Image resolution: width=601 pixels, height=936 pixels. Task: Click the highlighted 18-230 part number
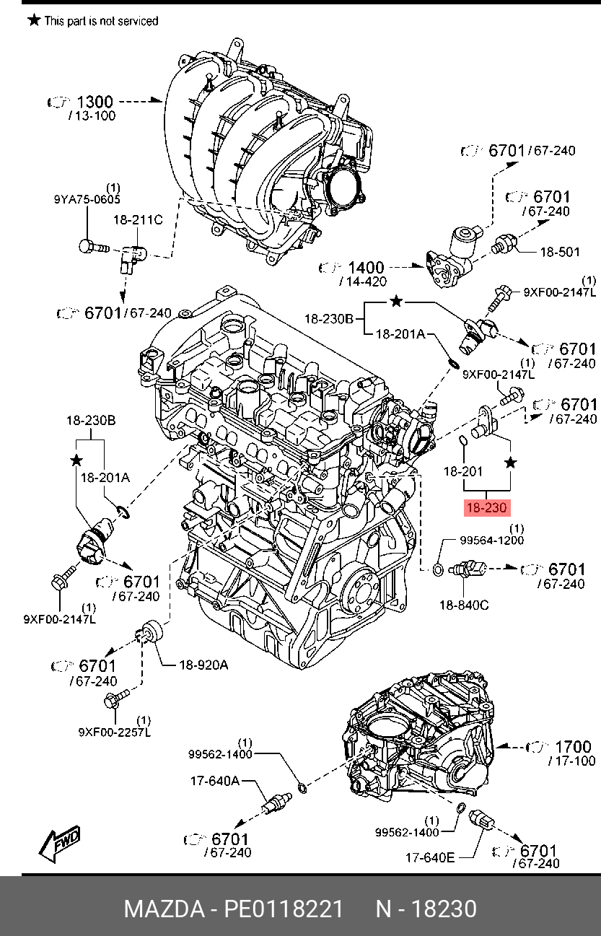point(487,508)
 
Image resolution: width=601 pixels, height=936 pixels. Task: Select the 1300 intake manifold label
point(95,102)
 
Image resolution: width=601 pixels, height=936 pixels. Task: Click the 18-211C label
point(139,219)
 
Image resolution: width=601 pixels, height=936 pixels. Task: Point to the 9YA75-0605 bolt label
point(87,199)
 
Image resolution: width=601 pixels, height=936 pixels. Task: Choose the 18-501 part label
point(560,252)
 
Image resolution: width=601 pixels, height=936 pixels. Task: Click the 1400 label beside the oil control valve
point(366,268)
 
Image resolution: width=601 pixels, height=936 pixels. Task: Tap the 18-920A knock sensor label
point(203,665)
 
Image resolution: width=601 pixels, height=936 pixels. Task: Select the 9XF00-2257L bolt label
point(115,732)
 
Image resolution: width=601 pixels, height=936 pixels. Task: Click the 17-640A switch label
point(215,780)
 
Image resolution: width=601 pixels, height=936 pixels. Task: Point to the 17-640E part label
point(430,858)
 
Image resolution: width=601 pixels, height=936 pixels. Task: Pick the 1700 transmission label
point(573,747)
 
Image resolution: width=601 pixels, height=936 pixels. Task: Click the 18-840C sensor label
point(464,605)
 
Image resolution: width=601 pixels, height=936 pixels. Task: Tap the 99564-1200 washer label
point(491,541)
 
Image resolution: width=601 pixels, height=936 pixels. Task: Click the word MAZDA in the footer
point(164,909)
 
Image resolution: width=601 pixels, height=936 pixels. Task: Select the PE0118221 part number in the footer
point(284,909)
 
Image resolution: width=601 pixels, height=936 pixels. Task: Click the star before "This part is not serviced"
point(34,19)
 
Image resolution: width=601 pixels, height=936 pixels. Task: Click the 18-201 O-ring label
point(462,471)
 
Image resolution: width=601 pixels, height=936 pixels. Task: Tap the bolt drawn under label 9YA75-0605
point(94,247)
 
